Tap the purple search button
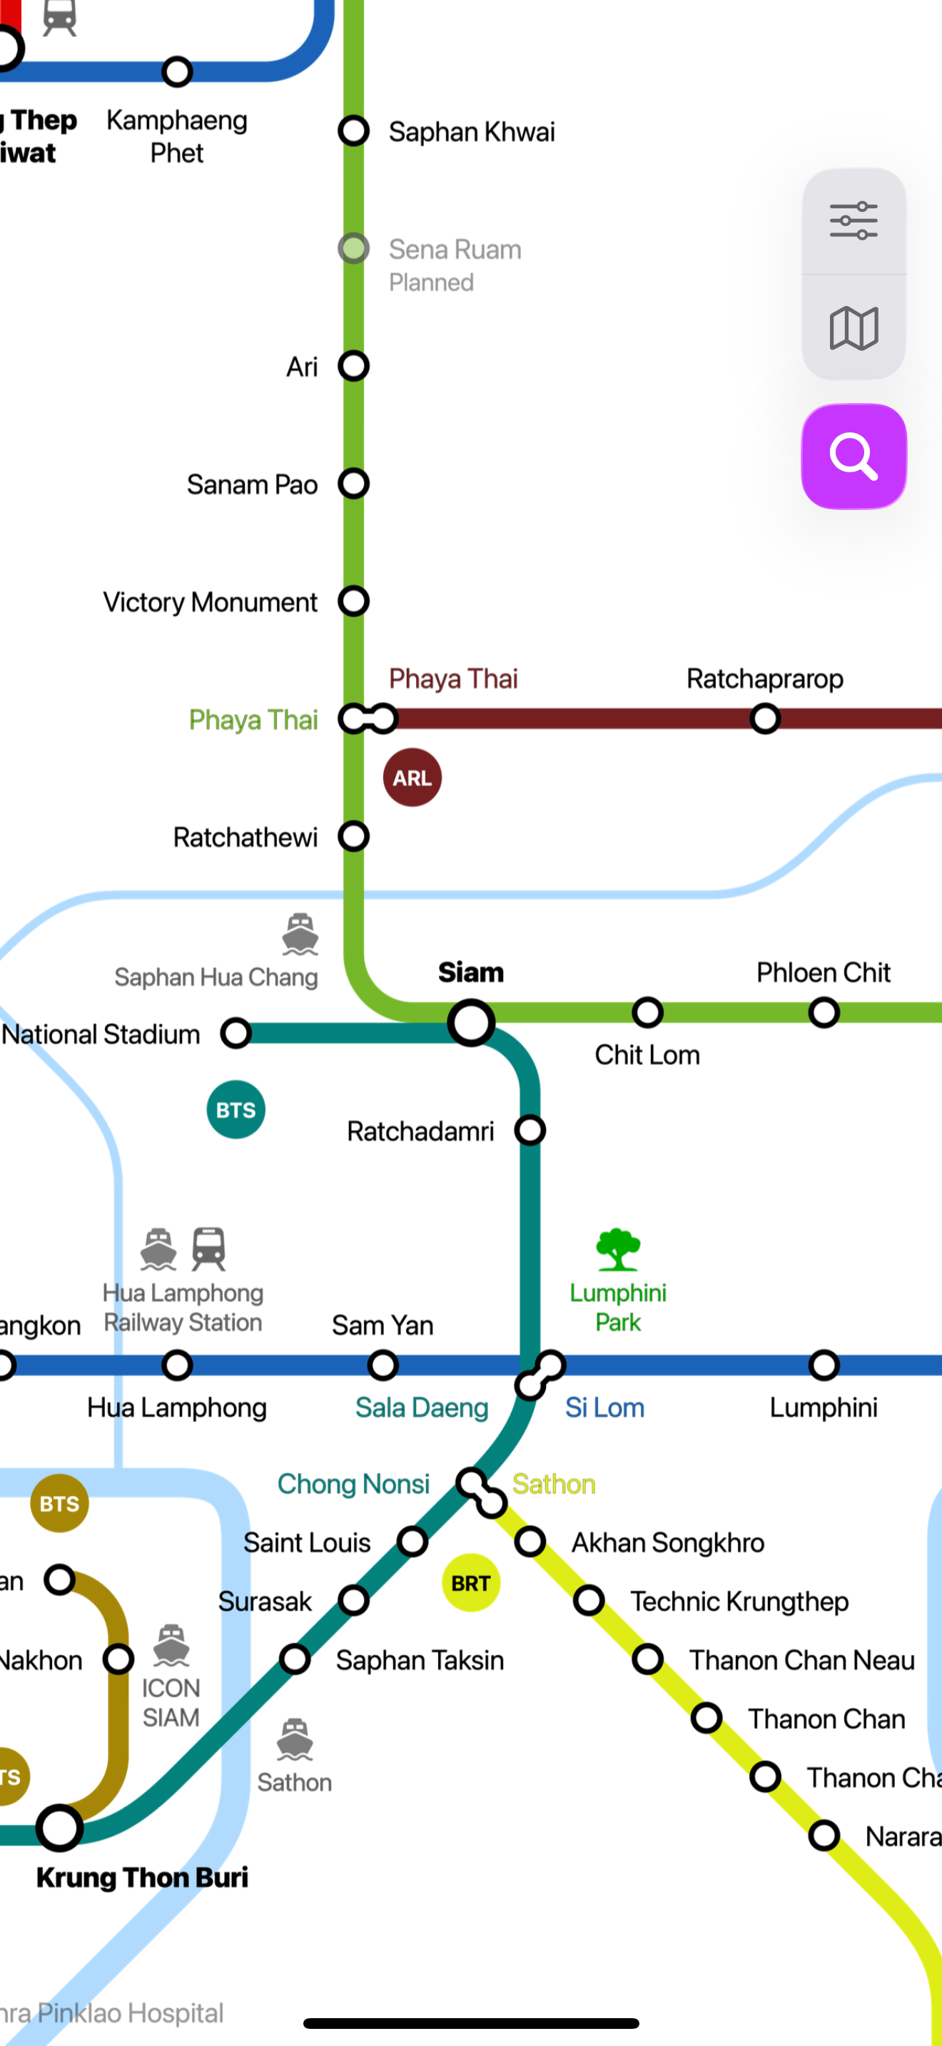pos(854,457)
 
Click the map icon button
pos(854,328)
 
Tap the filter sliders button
pos(854,221)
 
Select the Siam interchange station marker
pos(471,1022)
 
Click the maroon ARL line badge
pos(412,778)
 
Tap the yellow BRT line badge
pos(471,1583)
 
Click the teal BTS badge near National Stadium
pos(236,1109)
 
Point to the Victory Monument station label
pos(210,602)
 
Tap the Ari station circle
pos(353,366)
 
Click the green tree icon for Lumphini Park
pos(618,1249)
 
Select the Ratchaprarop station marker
pos(765,719)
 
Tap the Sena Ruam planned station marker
pos(353,248)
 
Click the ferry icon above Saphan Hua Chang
pos(300,934)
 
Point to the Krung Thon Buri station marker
pos(59,1828)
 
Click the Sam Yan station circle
pos(383,1365)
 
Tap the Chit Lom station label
pos(647,1055)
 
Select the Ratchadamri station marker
pos(530,1129)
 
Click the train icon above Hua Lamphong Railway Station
pos(209,1248)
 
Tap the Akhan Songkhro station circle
pos(530,1542)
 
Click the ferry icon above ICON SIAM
pos(171,1645)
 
